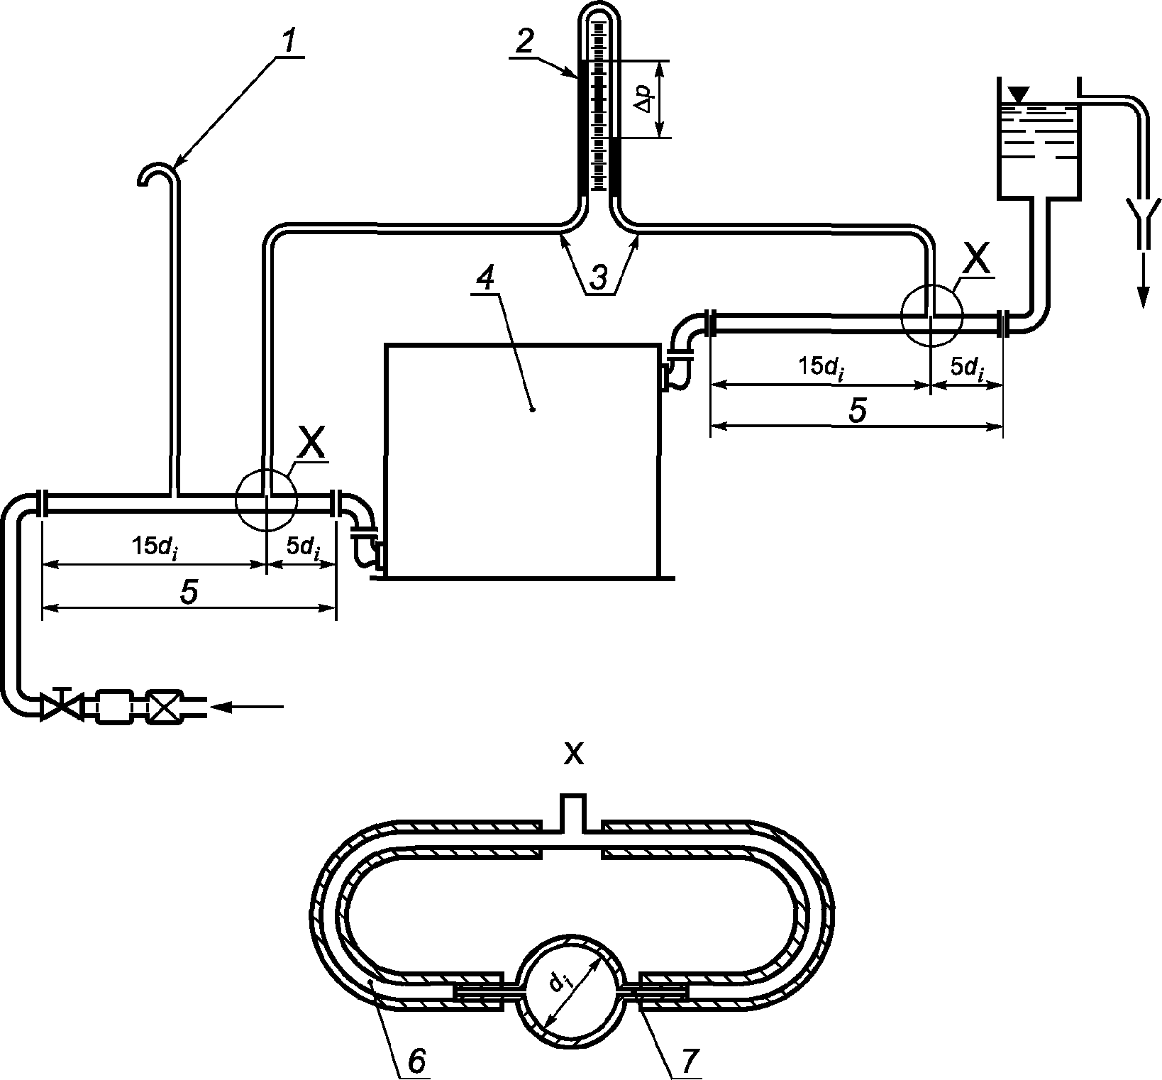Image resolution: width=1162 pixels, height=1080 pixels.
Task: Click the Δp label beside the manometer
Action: point(644,99)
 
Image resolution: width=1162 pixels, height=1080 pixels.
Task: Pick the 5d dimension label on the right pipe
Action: point(966,368)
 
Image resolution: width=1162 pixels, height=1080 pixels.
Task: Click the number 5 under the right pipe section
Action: point(858,411)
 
